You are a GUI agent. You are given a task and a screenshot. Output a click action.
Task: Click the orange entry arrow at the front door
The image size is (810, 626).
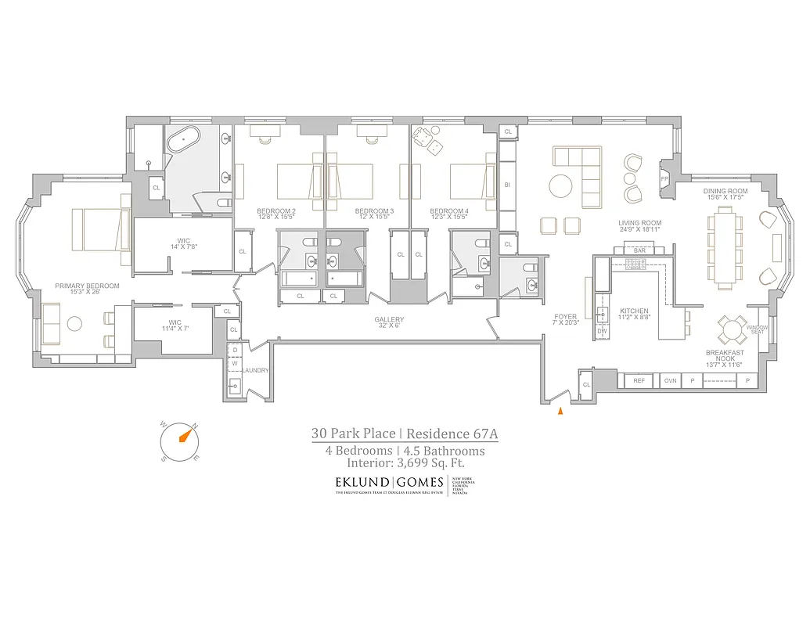click(560, 410)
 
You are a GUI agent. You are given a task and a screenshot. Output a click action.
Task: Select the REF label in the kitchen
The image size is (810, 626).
click(639, 381)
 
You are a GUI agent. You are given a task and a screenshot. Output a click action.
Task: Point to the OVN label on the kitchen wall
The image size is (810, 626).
click(670, 381)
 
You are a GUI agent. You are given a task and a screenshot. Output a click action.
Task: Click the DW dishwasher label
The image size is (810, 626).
click(602, 331)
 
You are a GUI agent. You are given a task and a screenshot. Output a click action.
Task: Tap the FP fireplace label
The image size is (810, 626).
click(665, 178)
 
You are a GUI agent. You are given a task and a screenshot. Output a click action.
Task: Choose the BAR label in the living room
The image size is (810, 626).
click(639, 250)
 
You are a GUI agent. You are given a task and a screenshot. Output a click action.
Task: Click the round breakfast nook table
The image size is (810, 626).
click(733, 329)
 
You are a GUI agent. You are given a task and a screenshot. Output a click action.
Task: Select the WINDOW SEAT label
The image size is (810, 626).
click(757, 331)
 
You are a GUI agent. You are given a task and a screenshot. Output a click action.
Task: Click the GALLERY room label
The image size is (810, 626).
click(389, 319)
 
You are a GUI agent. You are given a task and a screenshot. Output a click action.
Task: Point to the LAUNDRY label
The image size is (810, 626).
click(256, 370)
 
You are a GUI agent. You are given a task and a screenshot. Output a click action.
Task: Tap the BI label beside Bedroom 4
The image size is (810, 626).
click(507, 185)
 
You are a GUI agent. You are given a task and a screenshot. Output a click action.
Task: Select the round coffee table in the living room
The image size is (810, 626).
click(560, 186)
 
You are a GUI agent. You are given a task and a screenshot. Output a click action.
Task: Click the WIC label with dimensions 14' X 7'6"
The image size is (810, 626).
click(183, 242)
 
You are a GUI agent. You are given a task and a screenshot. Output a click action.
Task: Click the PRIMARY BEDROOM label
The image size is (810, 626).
click(87, 286)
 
